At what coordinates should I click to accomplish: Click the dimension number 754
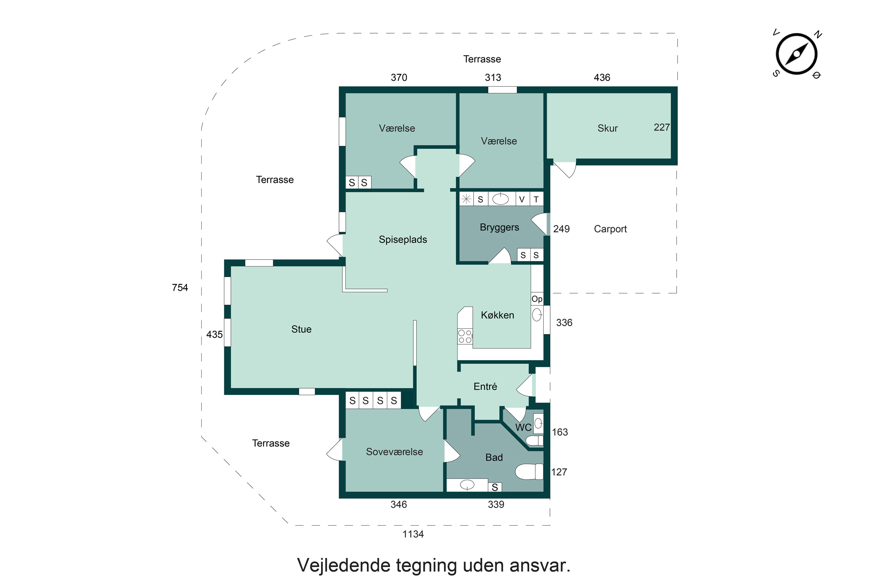tap(180, 288)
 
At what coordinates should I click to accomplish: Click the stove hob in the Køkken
tap(465, 336)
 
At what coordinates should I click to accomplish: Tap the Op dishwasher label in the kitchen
tap(537, 299)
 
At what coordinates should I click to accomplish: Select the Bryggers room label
tap(499, 227)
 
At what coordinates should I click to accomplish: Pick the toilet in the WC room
tap(534, 441)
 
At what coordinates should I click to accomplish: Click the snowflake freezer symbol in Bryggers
tap(466, 199)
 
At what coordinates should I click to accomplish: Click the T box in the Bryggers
tap(536, 200)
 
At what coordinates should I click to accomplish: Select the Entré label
tap(485, 387)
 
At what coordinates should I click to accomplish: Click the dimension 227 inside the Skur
tap(661, 127)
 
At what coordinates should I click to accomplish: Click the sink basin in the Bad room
tap(467, 484)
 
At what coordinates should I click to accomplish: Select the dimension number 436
tap(601, 78)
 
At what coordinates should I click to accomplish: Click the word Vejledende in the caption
tap(344, 565)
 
